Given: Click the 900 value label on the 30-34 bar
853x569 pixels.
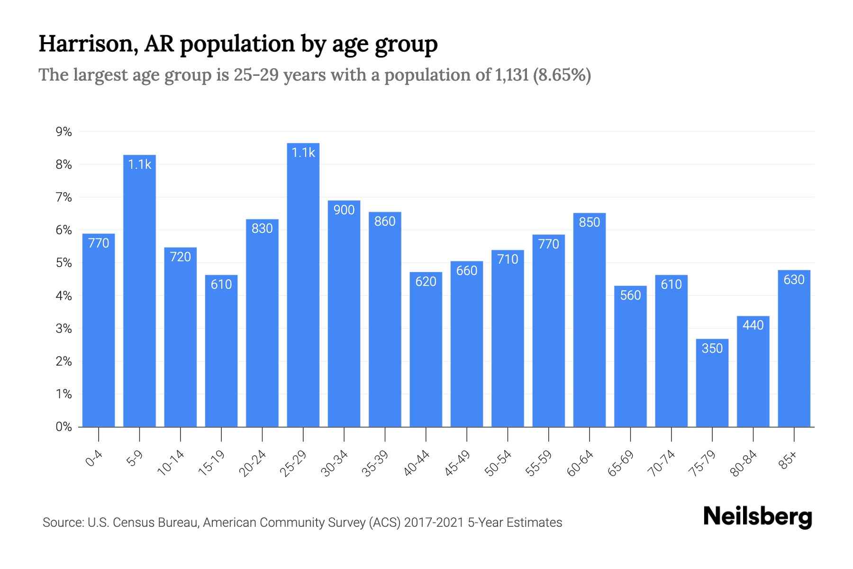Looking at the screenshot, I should [x=344, y=210].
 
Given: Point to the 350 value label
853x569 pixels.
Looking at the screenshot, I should [x=712, y=349].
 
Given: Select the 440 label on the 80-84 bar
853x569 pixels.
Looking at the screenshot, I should [x=753, y=325].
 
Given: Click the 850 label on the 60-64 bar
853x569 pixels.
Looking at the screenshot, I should [x=590, y=222].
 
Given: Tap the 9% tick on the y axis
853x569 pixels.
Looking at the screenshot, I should [x=64, y=132].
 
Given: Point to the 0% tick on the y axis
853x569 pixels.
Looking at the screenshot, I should [x=64, y=427].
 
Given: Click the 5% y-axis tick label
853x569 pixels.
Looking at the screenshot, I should [x=64, y=263].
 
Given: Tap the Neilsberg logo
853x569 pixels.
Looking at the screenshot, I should [x=757, y=517].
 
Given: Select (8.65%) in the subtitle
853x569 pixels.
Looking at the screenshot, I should [x=562, y=75].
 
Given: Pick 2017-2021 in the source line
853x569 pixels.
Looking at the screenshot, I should [x=434, y=523].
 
